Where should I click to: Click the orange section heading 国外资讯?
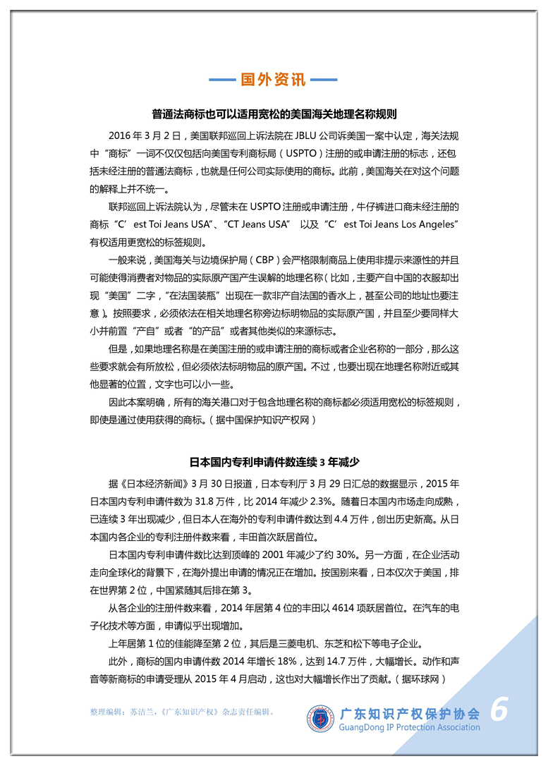click(274, 79)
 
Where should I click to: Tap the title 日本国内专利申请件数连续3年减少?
click(274, 463)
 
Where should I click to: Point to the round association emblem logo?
click(321, 718)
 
